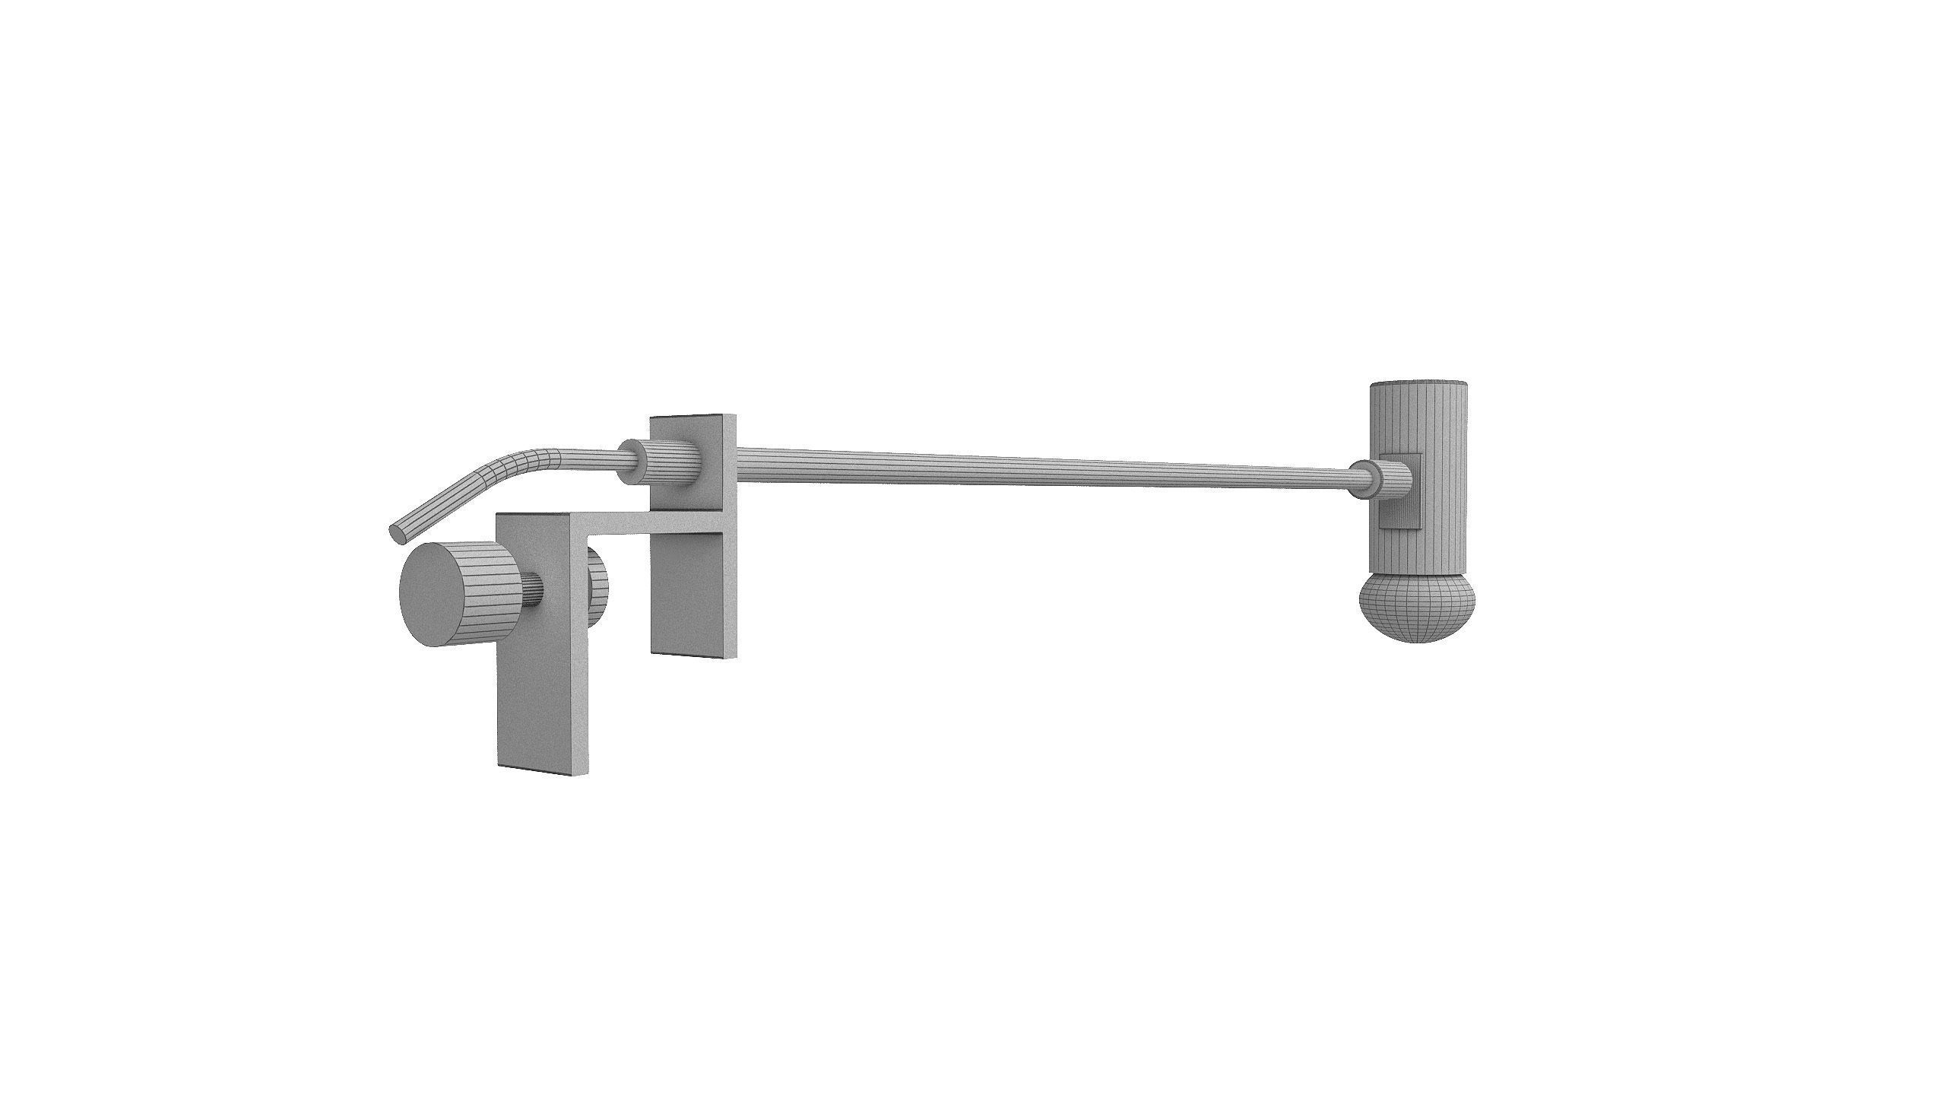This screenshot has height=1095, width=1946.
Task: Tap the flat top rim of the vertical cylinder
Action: pyautogui.click(x=1418, y=382)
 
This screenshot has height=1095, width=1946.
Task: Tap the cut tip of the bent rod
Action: pyautogui.click(x=398, y=533)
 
